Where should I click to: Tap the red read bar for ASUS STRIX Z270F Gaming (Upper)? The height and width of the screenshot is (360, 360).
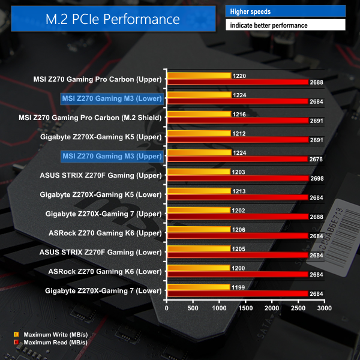pyautogui.click(x=238, y=178)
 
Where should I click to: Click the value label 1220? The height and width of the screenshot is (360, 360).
pyautogui.click(x=238, y=76)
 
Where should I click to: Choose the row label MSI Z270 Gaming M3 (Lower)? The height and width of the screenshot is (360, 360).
pyautogui.click(x=112, y=98)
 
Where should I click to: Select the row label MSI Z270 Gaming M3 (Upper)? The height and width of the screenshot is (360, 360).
pyautogui.click(x=112, y=156)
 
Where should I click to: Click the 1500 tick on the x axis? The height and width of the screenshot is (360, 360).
pyautogui.click(x=246, y=308)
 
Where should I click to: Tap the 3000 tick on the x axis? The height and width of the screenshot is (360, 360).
pyautogui.click(x=325, y=308)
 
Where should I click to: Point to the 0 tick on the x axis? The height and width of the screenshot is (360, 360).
pyautogui.click(x=167, y=308)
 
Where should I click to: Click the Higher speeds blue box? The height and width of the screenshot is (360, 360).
pyautogui.click(x=286, y=11)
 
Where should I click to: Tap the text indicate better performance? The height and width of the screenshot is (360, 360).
pyautogui.click(x=286, y=25)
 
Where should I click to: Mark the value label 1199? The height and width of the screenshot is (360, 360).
pyautogui.click(x=238, y=287)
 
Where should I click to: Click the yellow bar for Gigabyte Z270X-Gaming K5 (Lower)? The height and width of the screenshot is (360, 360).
pyautogui.click(x=199, y=191)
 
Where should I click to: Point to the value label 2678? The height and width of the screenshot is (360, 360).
pyautogui.click(x=316, y=160)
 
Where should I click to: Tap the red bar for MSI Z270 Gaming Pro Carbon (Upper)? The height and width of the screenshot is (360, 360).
pyautogui.click(x=238, y=82)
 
